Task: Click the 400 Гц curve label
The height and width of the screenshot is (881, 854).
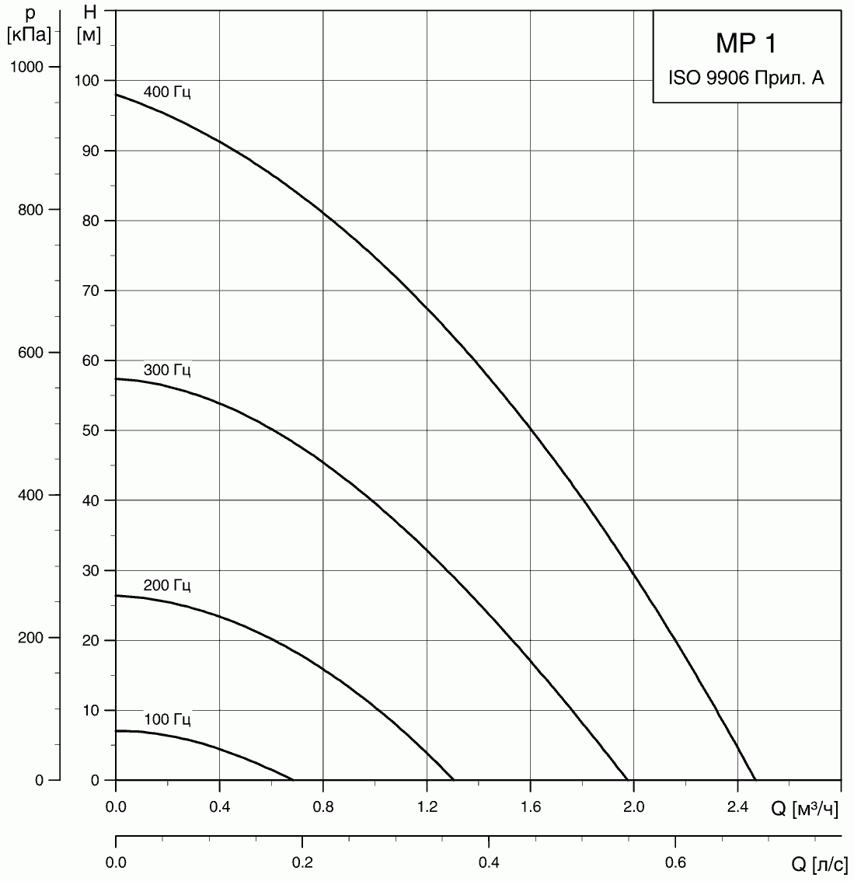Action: tap(167, 92)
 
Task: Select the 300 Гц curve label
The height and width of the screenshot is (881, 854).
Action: tap(167, 370)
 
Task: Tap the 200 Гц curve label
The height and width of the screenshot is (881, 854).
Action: tap(167, 585)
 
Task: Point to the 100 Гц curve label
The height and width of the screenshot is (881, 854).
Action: tap(167, 719)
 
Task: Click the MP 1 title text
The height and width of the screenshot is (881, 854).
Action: tap(745, 44)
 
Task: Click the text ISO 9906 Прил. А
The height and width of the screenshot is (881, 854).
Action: tap(745, 78)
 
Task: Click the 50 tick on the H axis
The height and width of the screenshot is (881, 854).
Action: tap(91, 430)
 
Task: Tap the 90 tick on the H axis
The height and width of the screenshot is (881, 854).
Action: tap(91, 151)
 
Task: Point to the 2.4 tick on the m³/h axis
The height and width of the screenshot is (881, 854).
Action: tap(737, 809)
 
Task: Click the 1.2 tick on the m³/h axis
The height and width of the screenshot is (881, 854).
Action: tap(427, 809)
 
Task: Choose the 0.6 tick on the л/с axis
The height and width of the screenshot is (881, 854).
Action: tap(675, 862)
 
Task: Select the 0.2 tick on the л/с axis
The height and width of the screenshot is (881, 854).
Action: tap(302, 862)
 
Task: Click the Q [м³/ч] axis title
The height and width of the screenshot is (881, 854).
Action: tap(804, 810)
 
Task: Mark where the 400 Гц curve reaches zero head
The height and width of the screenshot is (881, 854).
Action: tap(755, 779)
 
